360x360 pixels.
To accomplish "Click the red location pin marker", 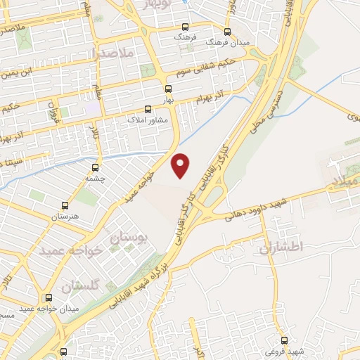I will coord(181,165).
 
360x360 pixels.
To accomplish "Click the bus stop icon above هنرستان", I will coord(65,207).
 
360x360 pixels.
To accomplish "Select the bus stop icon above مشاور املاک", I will coord(148,110).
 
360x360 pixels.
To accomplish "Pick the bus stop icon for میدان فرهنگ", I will coord(226,32).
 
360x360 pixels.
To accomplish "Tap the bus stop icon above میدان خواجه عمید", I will coord(49,297).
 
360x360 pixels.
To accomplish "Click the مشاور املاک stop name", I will coord(146,120).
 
